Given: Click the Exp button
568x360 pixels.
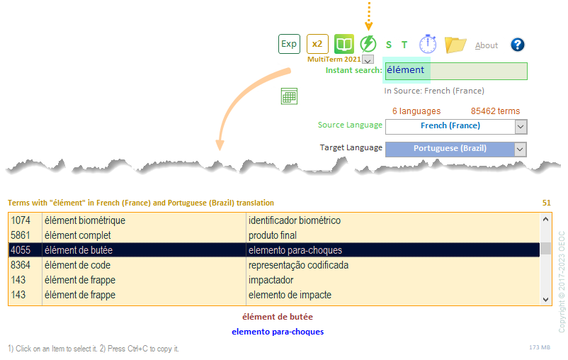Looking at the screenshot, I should [289, 44].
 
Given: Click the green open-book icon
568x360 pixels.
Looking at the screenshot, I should [343, 44].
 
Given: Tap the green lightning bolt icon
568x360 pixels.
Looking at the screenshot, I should [368, 44].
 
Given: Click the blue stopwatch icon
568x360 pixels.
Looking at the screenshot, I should [428, 44].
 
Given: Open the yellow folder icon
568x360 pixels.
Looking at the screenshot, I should [455, 45].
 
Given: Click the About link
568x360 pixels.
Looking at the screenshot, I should [487, 45].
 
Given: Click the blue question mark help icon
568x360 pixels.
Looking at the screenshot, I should [518, 45].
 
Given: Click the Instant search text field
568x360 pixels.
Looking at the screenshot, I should [456, 71].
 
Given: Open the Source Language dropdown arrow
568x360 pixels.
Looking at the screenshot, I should [521, 126].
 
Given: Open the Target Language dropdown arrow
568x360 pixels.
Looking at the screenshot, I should [521, 150].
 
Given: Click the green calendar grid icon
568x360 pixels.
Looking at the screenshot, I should [288, 97].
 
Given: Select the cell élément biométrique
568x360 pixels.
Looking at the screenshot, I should [85, 220].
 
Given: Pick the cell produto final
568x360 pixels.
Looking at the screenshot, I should [272, 235].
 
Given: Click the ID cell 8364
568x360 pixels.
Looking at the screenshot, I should [21, 265].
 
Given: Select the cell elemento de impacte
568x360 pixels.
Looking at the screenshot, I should [290, 295].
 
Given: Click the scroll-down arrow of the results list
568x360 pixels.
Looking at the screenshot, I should [546, 300].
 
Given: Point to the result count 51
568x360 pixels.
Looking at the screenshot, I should [546, 203].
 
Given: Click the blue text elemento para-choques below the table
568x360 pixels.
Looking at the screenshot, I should [278, 332].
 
